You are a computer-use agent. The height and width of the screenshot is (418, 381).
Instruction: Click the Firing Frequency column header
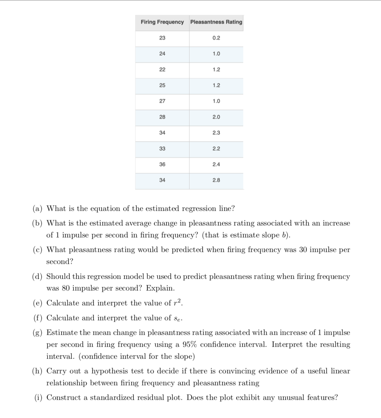click(162, 22)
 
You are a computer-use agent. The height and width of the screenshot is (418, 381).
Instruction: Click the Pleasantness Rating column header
click(216, 22)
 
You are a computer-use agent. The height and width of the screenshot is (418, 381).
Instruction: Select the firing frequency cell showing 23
click(162, 38)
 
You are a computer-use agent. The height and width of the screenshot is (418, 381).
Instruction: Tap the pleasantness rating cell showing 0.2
click(216, 38)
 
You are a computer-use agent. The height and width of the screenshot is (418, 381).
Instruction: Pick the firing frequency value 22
click(162, 69)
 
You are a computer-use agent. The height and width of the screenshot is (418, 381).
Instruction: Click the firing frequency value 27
click(162, 101)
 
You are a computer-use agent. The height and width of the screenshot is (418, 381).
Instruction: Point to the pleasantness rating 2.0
click(216, 117)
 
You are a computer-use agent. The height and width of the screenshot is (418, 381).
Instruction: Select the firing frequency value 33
click(162, 148)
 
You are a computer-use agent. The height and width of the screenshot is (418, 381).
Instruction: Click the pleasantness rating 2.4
click(216, 164)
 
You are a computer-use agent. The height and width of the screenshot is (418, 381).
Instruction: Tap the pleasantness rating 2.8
click(216, 180)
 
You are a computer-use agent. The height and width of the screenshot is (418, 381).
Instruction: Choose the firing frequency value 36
click(162, 164)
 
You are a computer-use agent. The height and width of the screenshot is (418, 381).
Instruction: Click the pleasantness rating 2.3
click(216, 133)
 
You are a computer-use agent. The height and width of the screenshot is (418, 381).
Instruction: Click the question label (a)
click(37, 208)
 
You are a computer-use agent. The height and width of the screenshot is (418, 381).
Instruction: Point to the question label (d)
click(37, 277)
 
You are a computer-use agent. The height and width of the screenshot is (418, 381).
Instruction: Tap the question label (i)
click(38, 398)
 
